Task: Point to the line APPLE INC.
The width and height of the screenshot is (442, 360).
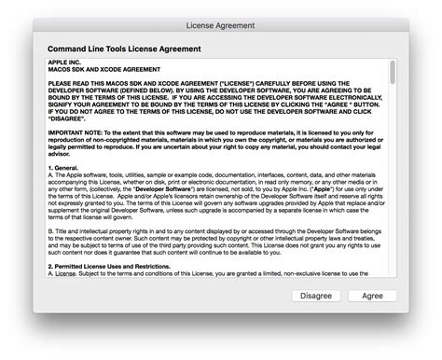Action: pyautogui.click(x=64, y=62)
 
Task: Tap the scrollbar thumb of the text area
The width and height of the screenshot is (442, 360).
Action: pyautogui.click(x=392, y=74)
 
